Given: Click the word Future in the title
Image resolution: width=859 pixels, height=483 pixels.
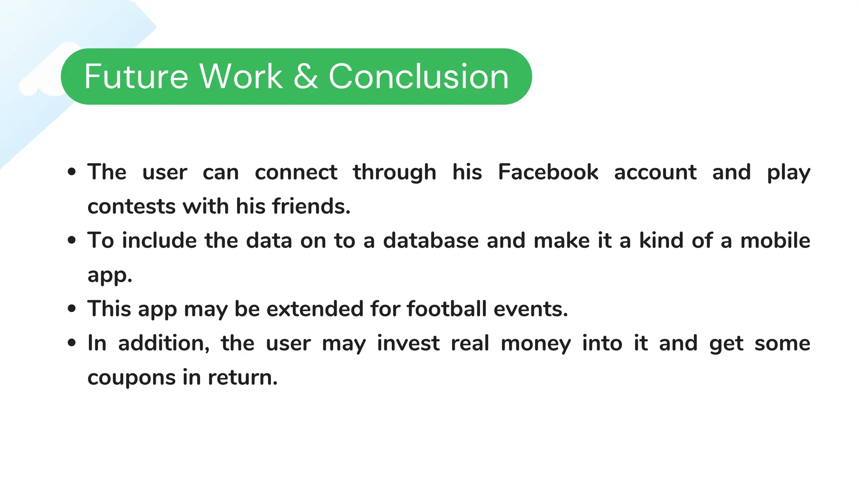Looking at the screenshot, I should point(136,76).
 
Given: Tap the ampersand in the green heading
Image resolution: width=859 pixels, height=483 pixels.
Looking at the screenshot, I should point(305,76).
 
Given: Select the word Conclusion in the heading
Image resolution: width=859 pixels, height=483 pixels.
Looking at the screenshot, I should point(419,76).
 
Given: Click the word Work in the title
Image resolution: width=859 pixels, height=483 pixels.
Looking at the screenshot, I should point(241,76).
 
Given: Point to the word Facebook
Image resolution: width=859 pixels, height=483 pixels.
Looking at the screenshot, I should point(548,172).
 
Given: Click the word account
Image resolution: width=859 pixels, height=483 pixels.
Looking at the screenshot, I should point(655,172).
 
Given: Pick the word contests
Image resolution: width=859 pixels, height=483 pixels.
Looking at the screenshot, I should point(131,206).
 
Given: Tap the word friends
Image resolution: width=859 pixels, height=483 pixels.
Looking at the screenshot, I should point(311,206).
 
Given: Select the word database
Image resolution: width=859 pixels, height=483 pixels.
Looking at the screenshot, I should point(431,241).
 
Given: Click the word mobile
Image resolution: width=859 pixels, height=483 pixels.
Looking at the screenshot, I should point(775,241).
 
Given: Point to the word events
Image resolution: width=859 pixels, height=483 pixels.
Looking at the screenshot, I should point(531,309).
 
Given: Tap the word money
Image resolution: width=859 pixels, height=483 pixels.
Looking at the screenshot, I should point(536,343).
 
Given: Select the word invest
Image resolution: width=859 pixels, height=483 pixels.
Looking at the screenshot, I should point(408,343).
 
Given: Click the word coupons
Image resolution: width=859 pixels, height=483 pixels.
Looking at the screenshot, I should point(131,378).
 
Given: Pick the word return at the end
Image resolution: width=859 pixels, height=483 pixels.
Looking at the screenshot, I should point(242,378).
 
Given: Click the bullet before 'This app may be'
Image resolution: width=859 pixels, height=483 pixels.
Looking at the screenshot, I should point(72,309).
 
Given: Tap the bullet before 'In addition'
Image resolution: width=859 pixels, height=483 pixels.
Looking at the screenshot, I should point(72,343).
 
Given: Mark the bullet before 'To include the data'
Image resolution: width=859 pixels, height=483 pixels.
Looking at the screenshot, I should point(72,240).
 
